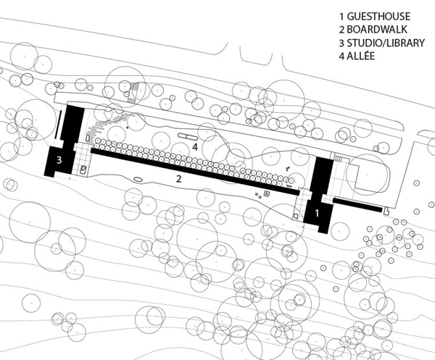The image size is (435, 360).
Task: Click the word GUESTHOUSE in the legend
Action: (x=378, y=17)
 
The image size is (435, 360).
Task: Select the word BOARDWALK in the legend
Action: (x=377, y=30)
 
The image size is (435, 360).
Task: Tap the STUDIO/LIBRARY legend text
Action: (x=386, y=43)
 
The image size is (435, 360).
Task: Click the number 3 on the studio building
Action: (x=59, y=160)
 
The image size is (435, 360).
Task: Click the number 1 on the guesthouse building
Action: (x=317, y=213)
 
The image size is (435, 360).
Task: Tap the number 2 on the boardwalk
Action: (x=179, y=179)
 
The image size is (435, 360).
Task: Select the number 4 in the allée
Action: (x=195, y=147)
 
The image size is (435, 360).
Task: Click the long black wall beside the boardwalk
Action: (x=194, y=170)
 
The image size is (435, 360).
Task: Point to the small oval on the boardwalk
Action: (x=138, y=180)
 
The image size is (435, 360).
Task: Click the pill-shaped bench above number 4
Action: (x=187, y=136)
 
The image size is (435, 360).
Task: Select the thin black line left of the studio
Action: (x=58, y=124)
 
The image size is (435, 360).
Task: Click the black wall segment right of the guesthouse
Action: (x=357, y=205)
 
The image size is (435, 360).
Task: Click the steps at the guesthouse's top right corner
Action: (x=338, y=158)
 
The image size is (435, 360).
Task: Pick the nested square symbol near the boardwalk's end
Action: (x=267, y=193)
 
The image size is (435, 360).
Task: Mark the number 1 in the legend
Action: (x=341, y=17)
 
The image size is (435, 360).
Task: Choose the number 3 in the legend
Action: (x=341, y=43)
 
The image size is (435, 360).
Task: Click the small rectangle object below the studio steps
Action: (x=83, y=169)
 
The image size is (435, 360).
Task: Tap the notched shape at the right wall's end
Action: (x=386, y=211)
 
